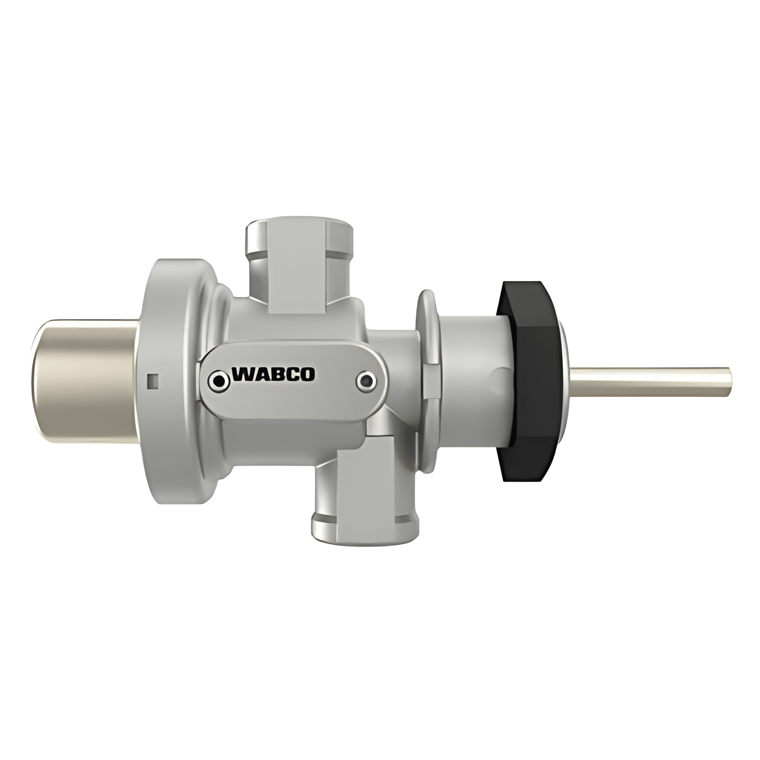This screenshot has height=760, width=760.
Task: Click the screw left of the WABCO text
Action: coord(220,381)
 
